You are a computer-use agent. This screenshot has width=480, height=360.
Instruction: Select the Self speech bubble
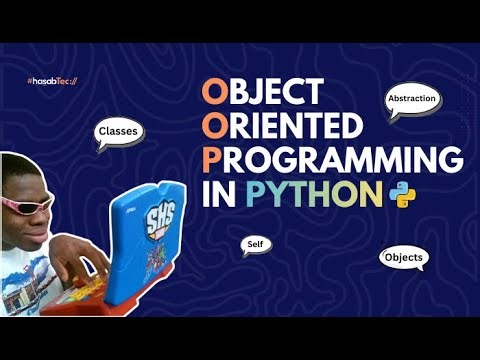(253, 243)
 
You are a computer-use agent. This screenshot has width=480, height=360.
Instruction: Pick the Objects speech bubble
(404, 258)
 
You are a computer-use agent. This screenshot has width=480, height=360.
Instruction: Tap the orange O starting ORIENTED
(213, 126)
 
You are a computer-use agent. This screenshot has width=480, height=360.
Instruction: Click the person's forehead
(22, 180)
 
